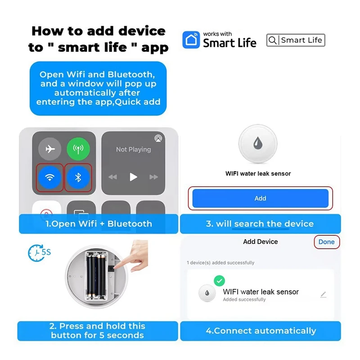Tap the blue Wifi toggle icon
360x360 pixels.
click(x=50, y=177)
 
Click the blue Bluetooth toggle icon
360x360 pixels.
click(x=78, y=177)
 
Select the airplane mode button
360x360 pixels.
click(x=50, y=149)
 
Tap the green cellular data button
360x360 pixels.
click(x=78, y=149)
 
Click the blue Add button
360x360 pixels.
click(x=260, y=198)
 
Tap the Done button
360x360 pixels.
click(x=326, y=242)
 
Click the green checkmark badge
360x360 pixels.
click(x=219, y=281)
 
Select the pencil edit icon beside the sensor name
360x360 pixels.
click(x=323, y=295)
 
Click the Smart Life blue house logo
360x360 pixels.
click(x=191, y=40)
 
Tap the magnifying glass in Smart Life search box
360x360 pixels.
click(x=273, y=40)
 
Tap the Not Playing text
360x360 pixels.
click(x=133, y=149)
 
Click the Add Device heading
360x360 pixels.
click(x=260, y=242)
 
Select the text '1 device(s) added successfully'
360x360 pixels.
click(x=220, y=262)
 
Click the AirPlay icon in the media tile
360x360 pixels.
click(x=157, y=138)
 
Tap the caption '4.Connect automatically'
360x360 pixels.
click(x=261, y=331)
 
